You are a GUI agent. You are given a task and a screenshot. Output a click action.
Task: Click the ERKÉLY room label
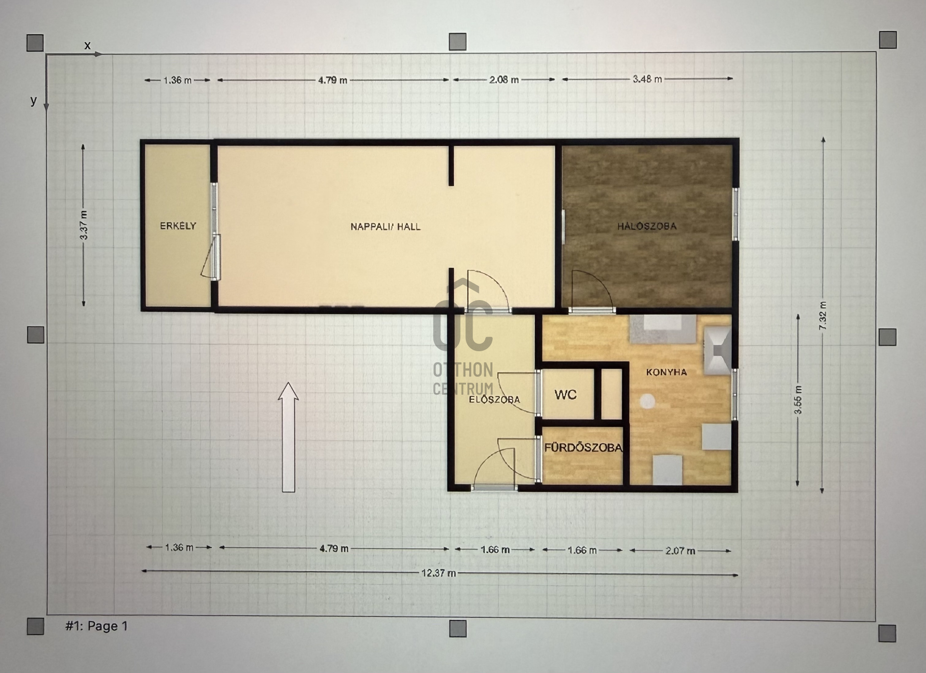[178, 226]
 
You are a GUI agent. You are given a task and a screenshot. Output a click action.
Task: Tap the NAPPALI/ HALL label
[385, 227]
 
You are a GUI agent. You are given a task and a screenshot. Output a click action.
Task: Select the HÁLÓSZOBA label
[647, 226]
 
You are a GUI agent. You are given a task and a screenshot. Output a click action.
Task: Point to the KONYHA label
[667, 372]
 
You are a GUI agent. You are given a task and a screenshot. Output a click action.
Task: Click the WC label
[566, 395]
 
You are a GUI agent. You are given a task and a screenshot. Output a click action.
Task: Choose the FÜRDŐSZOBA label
[583, 448]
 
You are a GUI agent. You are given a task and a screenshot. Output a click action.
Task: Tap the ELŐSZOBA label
[494, 399]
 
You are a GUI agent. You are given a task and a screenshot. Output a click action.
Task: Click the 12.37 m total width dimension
[438, 573]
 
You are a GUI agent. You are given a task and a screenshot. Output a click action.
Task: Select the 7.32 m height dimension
[823, 316]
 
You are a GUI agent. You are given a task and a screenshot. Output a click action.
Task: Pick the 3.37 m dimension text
[84, 225]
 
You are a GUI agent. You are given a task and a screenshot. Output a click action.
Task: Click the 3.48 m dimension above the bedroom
[647, 79]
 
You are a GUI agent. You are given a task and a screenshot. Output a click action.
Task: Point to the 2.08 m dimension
[504, 80]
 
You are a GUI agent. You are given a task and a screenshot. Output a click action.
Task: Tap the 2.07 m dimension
[680, 550]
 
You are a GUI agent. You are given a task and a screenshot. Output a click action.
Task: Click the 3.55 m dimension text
[798, 399]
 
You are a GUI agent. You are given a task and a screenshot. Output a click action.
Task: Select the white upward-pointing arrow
[288, 437]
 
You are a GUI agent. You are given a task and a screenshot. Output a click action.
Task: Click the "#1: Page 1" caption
[96, 626]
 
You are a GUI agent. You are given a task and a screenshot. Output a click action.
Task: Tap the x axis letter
[87, 45]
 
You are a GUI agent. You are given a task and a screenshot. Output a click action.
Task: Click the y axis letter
[33, 100]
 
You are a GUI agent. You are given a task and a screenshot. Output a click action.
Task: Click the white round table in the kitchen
[647, 401]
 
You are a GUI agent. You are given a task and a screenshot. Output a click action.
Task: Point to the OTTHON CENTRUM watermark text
[463, 379]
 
